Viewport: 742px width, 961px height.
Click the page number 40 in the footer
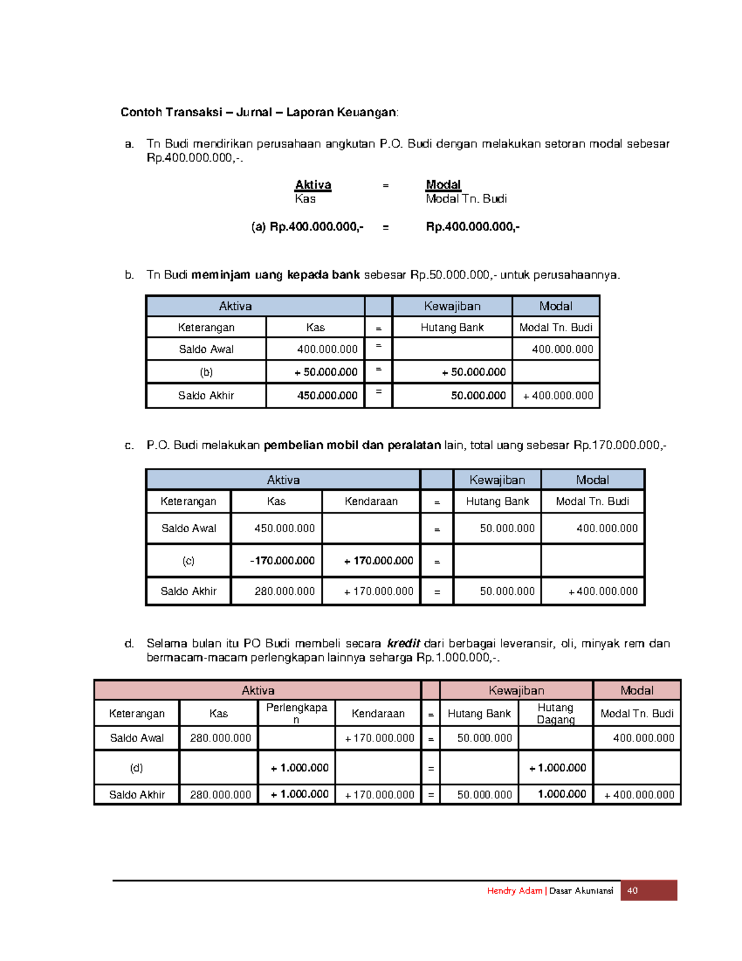click(632, 890)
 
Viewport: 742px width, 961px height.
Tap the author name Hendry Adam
click(514, 890)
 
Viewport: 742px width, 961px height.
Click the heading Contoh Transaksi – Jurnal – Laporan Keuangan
click(259, 112)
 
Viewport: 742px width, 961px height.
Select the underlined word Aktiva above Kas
click(313, 184)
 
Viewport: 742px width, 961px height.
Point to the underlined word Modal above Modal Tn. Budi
click(443, 184)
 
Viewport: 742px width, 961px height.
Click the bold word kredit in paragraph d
click(403, 643)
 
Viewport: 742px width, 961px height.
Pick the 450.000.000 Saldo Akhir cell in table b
click(315, 395)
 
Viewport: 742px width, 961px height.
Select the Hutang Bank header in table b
click(452, 327)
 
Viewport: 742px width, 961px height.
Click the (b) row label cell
click(206, 372)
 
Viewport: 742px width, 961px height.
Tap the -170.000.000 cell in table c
click(276, 561)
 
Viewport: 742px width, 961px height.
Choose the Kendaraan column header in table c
click(371, 501)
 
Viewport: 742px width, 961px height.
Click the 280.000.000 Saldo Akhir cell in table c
click(276, 591)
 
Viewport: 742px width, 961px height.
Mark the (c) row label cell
click(189, 561)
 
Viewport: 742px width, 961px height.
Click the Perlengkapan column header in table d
click(296, 713)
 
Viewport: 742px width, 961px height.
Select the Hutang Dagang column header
click(555, 713)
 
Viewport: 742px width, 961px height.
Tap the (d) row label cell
click(137, 767)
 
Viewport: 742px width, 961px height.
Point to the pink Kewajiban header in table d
click(516, 690)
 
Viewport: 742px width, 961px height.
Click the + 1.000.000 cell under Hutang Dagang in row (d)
click(556, 767)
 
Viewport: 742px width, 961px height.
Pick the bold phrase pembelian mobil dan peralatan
click(352, 445)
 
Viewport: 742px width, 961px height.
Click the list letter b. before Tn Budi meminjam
click(129, 275)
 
